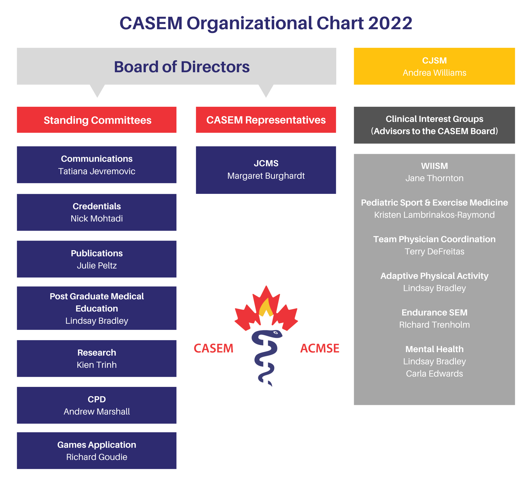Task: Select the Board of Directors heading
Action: pos(182,67)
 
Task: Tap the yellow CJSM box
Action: pos(434,66)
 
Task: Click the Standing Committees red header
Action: pos(97,120)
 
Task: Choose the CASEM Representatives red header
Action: pos(266,120)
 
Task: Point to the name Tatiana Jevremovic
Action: pos(97,171)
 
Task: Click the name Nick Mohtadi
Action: pos(97,219)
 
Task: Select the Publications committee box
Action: pos(97,259)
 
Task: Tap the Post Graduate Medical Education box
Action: pos(97,308)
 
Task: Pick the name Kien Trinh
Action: pos(97,365)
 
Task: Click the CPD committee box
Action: pos(97,405)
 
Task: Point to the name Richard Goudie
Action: pos(97,457)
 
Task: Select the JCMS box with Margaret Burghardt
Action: pos(266,170)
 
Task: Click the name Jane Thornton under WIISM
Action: pos(434,178)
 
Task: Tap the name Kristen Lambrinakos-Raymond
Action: pos(434,215)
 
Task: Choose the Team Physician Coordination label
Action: pos(434,239)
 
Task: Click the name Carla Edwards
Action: pos(434,374)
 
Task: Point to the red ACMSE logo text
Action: pos(320,348)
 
